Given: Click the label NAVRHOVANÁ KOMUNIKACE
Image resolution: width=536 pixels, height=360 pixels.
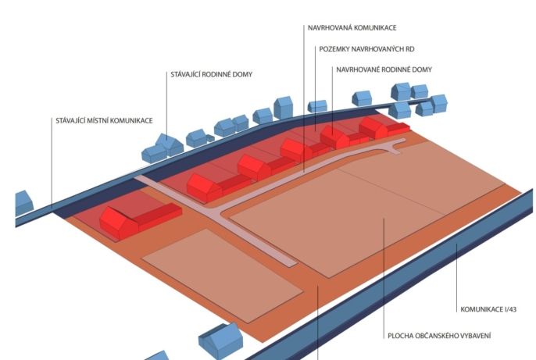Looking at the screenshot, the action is (352, 27).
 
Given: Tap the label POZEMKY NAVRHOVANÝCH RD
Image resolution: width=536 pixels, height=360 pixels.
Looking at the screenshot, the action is (366, 49).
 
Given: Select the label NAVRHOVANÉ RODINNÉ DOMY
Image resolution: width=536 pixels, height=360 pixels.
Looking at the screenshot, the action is (384, 70).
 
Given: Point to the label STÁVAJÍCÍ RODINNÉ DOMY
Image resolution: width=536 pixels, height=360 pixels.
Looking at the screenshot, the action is (211, 74).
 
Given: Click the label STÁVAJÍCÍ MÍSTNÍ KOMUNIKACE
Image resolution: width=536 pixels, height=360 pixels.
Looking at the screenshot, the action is (104, 120).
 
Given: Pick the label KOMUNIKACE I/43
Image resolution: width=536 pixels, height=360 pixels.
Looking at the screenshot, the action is (488, 309).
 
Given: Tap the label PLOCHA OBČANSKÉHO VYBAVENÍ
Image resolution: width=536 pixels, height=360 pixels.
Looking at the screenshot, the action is (439, 336).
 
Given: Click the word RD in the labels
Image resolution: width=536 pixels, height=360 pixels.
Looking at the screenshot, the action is (409, 49).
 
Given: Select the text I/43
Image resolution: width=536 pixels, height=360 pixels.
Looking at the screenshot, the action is (510, 309).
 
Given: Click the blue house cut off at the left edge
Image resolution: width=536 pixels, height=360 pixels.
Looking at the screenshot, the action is (24, 202).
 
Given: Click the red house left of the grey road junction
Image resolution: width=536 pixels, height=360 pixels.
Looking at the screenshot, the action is (140, 219).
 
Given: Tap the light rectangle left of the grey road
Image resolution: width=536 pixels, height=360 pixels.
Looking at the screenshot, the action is (222, 276).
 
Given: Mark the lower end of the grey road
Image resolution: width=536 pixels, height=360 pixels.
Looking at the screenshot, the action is (289, 263).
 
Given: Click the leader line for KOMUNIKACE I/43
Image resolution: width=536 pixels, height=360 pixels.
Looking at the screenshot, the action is (456, 278).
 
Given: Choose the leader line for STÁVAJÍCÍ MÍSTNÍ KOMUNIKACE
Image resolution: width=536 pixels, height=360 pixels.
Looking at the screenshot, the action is (52, 163).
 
